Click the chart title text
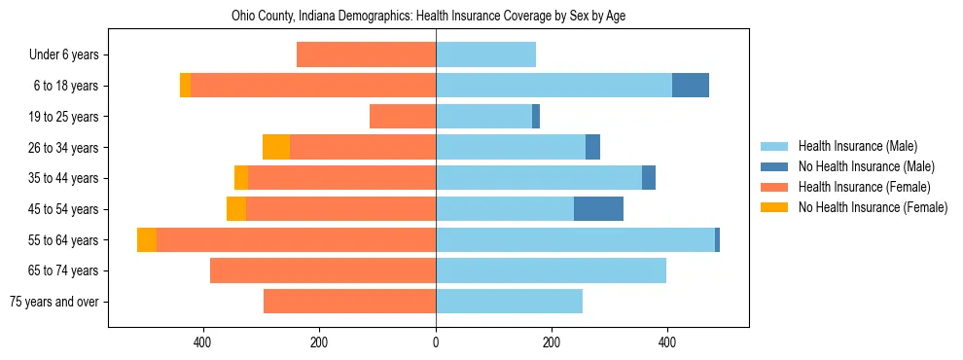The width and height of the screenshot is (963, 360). [436, 17]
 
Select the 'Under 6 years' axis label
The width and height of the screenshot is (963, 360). [63, 55]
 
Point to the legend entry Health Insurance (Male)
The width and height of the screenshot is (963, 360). [857, 146]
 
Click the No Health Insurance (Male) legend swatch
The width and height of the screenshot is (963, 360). [776, 166]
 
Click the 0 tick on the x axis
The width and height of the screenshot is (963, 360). [436, 342]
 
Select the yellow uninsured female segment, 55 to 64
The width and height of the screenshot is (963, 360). [147, 240]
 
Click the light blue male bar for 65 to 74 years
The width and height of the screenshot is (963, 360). [551, 270]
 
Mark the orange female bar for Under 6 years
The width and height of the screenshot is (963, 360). [366, 55]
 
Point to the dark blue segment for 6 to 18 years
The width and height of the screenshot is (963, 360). [691, 86]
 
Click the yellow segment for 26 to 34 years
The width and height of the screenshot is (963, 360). [276, 147]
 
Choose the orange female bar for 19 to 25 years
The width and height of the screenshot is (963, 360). [403, 117]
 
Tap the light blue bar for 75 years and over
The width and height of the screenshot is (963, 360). [509, 302]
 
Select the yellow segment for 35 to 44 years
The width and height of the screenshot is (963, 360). [241, 178]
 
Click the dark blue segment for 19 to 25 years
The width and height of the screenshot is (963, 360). [536, 117]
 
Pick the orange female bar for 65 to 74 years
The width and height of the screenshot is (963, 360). [323, 270]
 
